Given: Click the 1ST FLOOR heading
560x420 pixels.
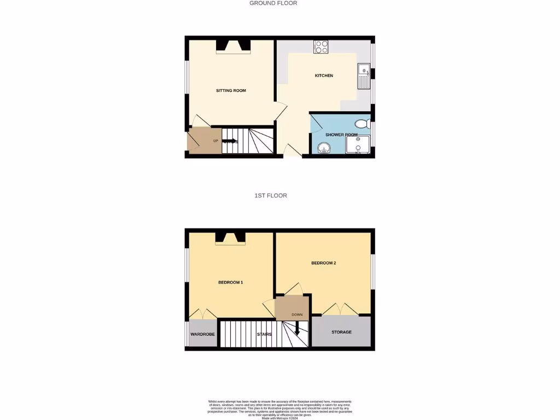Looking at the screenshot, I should coord(271,195).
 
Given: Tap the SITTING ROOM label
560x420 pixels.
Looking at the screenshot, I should coord(231,91).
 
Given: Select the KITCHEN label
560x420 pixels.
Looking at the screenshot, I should coord(324,75).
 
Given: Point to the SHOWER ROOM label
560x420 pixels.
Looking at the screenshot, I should coord(341,135).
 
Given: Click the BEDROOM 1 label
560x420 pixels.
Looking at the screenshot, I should coord(230,282).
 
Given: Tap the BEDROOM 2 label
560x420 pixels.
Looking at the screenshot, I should coord(323,263).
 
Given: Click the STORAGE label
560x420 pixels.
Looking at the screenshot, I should coord(341,332).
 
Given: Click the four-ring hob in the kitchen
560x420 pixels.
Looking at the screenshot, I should coord(321,48).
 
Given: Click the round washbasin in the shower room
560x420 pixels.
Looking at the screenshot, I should coord(324,148).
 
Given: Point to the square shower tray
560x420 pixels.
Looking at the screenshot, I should coord(358,145).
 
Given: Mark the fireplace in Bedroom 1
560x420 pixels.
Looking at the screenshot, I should coord(230,238).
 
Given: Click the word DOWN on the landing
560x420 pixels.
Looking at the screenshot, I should coord(297,315).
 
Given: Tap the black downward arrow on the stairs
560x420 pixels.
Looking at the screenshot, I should coord(297,328).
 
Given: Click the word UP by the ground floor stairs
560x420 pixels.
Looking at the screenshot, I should coord(216,141).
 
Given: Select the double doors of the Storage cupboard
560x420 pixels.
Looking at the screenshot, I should coord(341,310).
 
